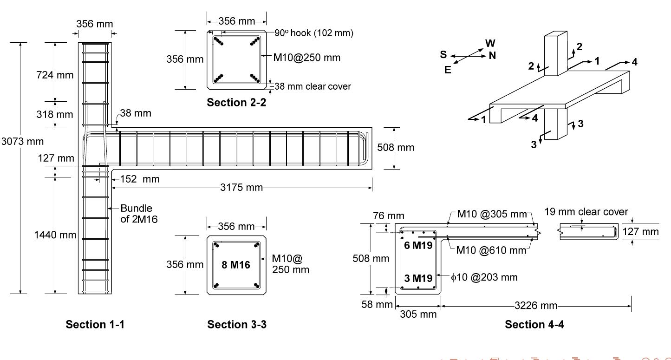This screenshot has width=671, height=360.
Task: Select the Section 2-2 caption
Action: coord(236,103)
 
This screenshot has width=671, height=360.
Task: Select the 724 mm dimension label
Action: coord(55,75)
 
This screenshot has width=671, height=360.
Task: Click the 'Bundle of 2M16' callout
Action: coord(139,214)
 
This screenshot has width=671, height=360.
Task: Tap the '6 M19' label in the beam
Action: coord(417,246)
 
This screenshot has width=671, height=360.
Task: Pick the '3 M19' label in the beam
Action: coord(417,278)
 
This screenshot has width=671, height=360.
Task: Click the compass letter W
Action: coord(490,43)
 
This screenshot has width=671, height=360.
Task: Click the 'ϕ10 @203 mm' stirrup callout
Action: coord(484,277)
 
